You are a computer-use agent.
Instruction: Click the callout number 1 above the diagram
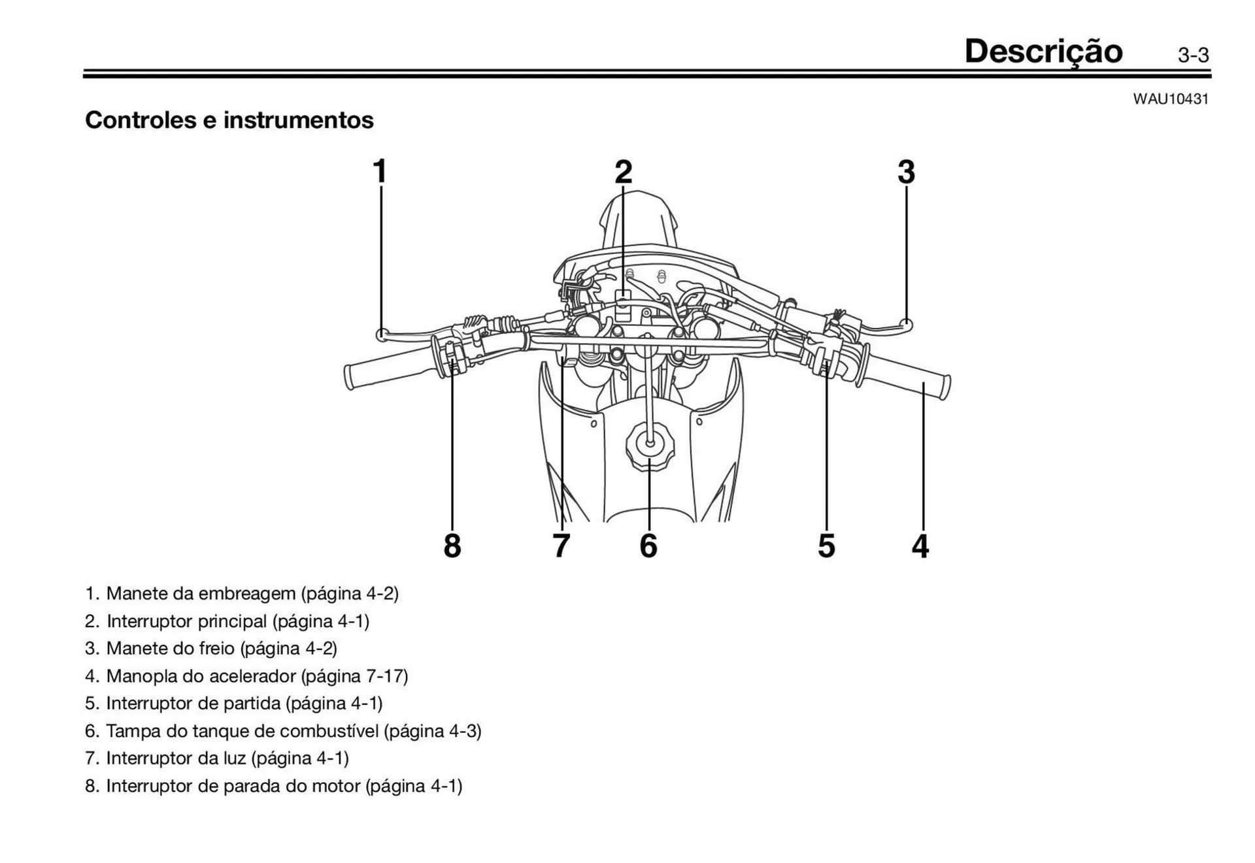point(380,172)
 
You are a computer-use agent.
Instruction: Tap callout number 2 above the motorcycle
point(624,172)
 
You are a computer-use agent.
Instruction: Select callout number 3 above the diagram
point(906,172)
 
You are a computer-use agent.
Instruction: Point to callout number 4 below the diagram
point(920,546)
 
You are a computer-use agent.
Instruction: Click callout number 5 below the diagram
point(826,546)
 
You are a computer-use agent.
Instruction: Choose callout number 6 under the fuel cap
point(648,546)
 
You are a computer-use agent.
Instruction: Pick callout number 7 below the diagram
point(561,546)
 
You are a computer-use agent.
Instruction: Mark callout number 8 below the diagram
point(452,546)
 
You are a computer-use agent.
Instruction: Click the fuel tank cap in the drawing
point(649,444)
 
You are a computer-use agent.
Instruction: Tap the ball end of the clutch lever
point(382,334)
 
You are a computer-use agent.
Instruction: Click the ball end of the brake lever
point(906,323)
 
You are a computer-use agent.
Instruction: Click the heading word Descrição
point(1043,51)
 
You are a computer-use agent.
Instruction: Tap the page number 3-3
point(1193,56)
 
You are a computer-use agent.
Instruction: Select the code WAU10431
point(1171,99)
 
